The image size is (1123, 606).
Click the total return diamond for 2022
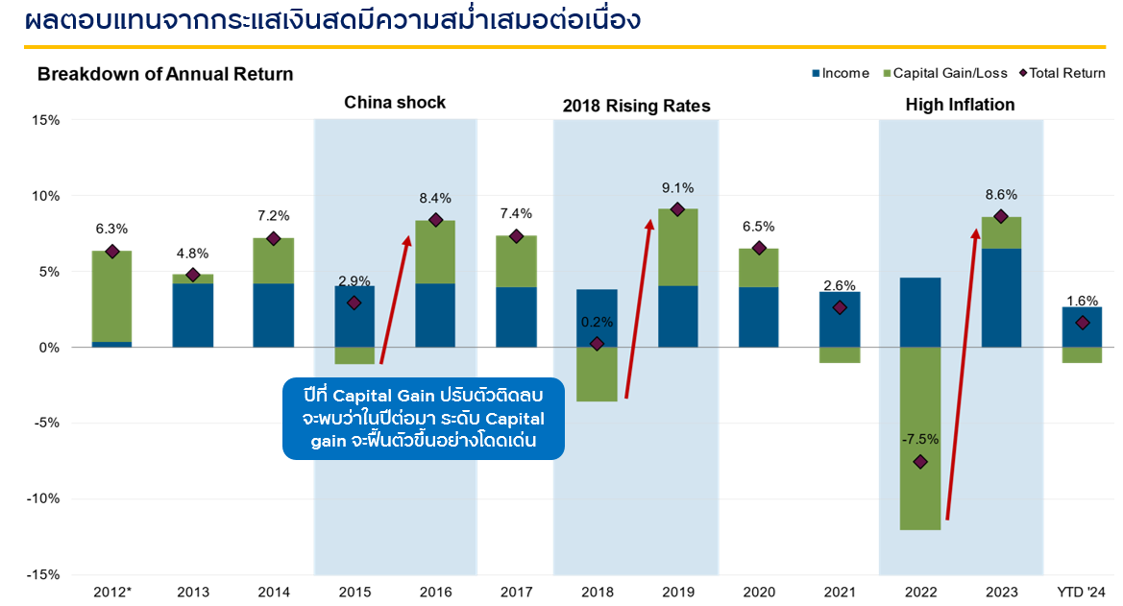point(920,462)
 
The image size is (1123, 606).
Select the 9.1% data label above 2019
point(677,188)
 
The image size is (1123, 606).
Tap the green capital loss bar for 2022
point(920,438)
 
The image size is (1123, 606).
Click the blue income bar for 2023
point(1001,298)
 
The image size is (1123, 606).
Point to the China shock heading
point(395,103)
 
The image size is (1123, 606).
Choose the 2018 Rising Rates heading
point(636,106)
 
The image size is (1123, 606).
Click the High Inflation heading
point(960,105)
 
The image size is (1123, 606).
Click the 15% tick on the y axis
point(45,120)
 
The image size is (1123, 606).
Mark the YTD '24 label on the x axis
point(1081,592)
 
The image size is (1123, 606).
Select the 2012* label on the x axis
point(111,592)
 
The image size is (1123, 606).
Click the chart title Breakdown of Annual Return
point(165,74)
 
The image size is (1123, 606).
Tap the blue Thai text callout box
point(423,420)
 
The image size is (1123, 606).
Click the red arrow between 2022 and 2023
point(962,375)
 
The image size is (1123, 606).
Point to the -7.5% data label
point(920,440)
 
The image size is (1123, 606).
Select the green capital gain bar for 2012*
point(112,296)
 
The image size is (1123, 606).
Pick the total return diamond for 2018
point(597,344)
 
